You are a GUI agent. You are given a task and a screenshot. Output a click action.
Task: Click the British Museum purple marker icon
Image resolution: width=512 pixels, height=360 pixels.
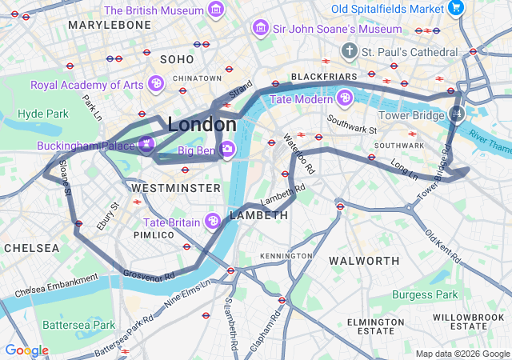pyautogui.click(x=215, y=10)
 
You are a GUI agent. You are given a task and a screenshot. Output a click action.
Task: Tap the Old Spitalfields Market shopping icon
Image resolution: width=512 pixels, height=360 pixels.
pyautogui.click(x=456, y=8)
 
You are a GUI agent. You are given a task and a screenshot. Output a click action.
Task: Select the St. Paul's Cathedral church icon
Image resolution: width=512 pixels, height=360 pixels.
pyautogui.click(x=349, y=52)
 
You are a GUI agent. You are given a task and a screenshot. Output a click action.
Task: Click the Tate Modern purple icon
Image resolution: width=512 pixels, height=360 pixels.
pyautogui.click(x=345, y=98)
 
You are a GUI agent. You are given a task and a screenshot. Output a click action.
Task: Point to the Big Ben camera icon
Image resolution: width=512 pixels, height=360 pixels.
pyautogui.click(x=227, y=149)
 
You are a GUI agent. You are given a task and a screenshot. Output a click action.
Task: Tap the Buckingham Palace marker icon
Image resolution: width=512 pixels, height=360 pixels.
pyautogui.click(x=146, y=145)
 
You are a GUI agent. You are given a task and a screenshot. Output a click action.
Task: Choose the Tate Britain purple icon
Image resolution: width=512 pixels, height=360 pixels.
pyautogui.click(x=213, y=221)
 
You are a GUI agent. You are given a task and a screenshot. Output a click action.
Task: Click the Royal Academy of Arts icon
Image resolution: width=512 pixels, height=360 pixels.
pyautogui.click(x=156, y=83)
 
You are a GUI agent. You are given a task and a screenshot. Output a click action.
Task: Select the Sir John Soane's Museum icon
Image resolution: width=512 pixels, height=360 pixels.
pyautogui.click(x=260, y=29)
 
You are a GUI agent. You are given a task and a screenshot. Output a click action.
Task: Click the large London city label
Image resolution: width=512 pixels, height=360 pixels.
pyautogui.click(x=202, y=125)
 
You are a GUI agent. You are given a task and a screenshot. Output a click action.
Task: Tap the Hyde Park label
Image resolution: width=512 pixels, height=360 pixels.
pyautogui.click(x=43, y=114)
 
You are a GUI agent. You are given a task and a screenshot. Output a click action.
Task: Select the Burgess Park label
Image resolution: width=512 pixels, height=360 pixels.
pyautogui.click(x=425, y=294)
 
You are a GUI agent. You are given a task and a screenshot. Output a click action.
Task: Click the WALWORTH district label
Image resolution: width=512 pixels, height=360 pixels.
pyautogui.click(x=365, y=261)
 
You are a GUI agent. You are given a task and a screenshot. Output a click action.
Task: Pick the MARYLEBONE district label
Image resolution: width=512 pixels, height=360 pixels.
pyautogui.click(x=110, y=25)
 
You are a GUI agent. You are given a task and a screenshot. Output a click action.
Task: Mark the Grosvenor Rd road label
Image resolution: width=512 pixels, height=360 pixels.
pyautogui.click(x=149, y=275)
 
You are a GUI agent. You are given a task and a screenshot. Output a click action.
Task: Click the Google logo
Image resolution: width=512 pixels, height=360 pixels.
pyautogui.click(x=26, y=350)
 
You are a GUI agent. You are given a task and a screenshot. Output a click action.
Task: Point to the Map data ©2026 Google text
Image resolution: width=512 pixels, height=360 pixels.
pyautogui.click(x=462, y=354)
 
